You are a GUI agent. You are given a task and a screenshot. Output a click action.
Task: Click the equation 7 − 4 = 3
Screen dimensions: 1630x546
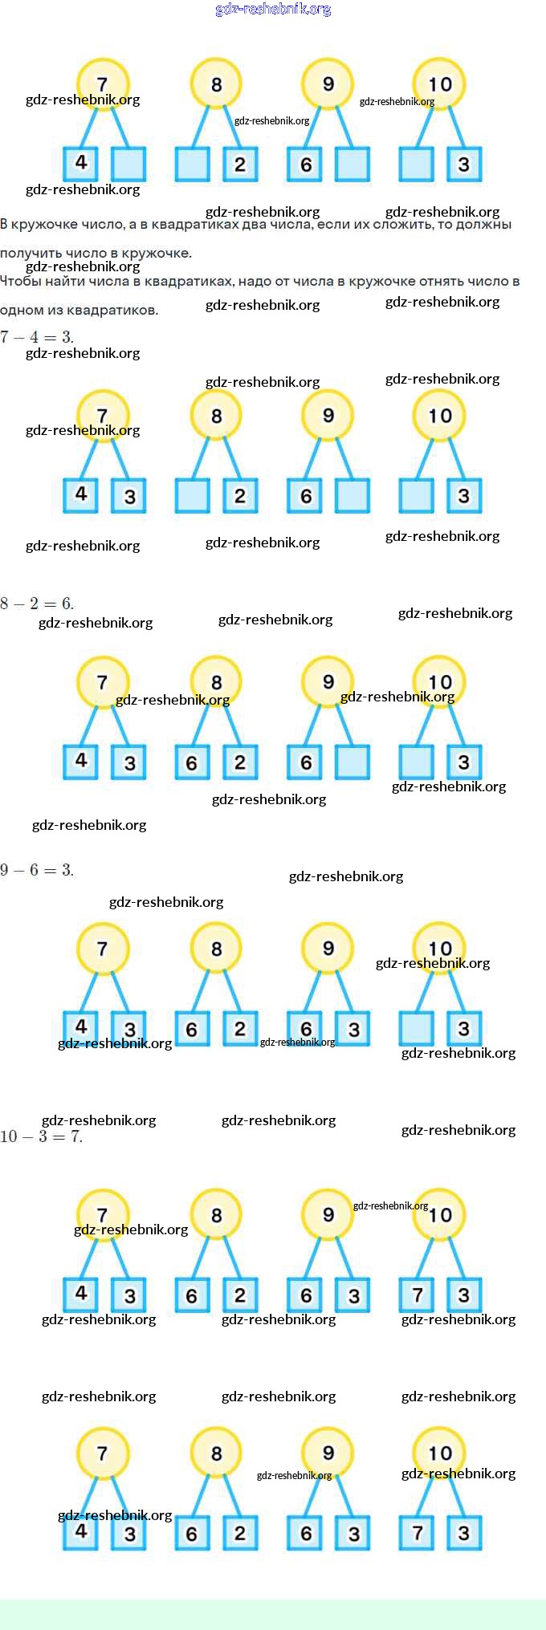37,337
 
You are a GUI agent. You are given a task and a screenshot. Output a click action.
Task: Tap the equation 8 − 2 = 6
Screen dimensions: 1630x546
37,604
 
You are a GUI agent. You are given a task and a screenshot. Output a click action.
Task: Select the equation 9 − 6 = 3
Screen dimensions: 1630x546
37,870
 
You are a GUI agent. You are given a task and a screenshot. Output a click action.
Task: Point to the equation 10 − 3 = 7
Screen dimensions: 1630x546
41,1136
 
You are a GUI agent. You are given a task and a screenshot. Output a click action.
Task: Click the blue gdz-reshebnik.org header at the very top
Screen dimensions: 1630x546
273,10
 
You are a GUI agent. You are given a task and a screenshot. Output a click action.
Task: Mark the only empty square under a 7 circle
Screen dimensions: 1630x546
128,164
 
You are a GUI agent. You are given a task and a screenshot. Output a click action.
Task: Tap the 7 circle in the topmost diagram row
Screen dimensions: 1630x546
102,83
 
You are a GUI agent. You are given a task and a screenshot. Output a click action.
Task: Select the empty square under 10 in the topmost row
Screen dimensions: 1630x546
416,164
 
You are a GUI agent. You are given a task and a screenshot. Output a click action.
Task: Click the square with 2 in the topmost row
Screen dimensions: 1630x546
240,164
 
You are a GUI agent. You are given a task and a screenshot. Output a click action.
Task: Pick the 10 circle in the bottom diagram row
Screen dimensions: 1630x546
439,1453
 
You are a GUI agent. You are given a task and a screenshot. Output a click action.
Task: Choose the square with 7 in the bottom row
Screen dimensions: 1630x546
416,1533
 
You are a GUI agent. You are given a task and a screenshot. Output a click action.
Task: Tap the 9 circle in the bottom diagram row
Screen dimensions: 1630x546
328,1453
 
